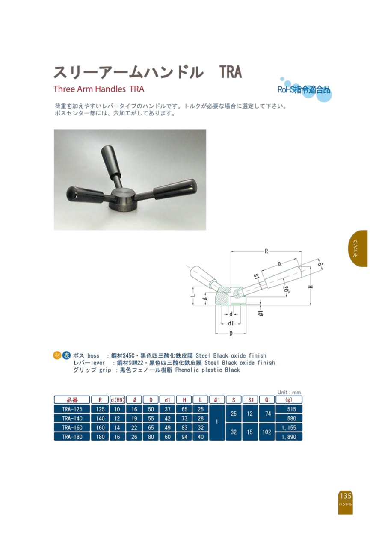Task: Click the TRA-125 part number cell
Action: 72,409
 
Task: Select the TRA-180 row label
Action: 72,437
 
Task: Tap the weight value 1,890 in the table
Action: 289,437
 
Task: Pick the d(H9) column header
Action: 117,400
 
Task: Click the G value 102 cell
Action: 267,432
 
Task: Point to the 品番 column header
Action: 72,400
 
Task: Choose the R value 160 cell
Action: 100,427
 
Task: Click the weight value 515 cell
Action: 289,409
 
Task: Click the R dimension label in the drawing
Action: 266,251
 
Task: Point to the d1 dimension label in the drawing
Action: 231,323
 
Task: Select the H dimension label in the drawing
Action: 311,287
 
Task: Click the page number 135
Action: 345,495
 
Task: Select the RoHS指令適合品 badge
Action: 304,90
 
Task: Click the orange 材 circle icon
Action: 56,355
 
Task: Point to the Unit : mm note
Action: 289,392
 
